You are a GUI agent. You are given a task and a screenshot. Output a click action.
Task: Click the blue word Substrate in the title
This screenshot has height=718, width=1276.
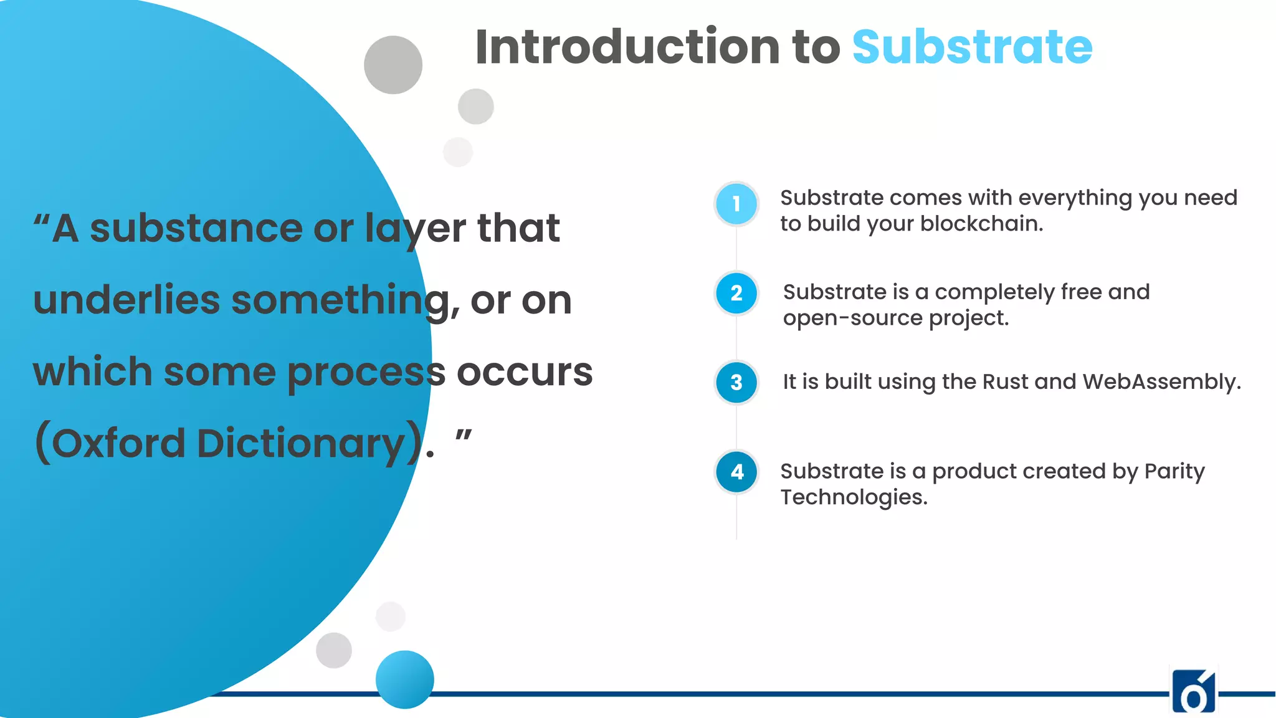972,47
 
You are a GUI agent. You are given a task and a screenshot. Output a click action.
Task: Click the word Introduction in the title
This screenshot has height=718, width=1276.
627,47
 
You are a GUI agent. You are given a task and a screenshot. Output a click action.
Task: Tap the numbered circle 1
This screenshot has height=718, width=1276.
736,204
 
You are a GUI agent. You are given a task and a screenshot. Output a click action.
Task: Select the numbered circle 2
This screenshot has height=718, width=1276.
736,293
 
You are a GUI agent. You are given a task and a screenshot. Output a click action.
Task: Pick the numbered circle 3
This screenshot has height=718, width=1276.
736,382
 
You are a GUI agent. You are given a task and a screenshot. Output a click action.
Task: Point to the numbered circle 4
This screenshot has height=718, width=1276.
736,472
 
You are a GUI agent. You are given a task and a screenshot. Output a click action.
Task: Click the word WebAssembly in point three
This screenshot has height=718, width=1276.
1161,381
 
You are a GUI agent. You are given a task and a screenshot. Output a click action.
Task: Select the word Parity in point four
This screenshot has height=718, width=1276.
1174,471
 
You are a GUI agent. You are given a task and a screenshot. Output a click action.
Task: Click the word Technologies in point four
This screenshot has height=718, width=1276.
854,497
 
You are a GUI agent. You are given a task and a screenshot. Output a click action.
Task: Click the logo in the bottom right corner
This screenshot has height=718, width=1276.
1193,691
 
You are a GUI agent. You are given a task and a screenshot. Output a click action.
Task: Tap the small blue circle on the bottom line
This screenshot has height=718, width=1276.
404,679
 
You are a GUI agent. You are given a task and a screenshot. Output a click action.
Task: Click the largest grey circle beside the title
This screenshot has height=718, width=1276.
393,65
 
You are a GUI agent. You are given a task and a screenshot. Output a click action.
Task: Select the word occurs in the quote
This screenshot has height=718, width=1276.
525,372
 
